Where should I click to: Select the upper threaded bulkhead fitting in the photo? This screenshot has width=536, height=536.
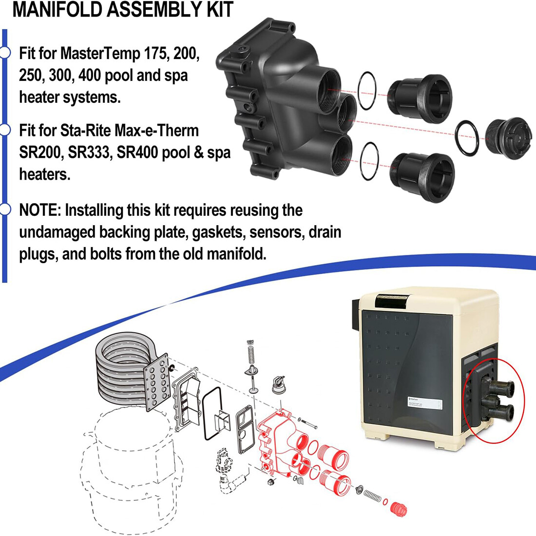420,96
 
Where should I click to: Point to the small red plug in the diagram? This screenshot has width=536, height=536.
399,508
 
